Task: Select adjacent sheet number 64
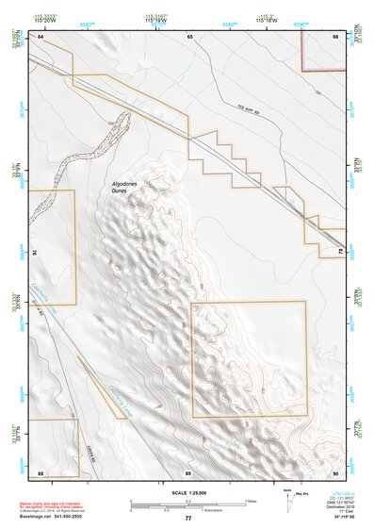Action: click(x=41, y=36)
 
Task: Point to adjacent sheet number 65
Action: click(x=188, y=36)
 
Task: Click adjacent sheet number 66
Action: click(x=334, y=36)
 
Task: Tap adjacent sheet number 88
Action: click(x=41, y=471)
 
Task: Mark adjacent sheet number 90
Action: click(x=334, y=471)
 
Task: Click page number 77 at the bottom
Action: click(x=187, y=518)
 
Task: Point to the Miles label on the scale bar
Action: click(x=250, y=501)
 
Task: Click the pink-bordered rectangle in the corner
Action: click(x=323, y=48)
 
